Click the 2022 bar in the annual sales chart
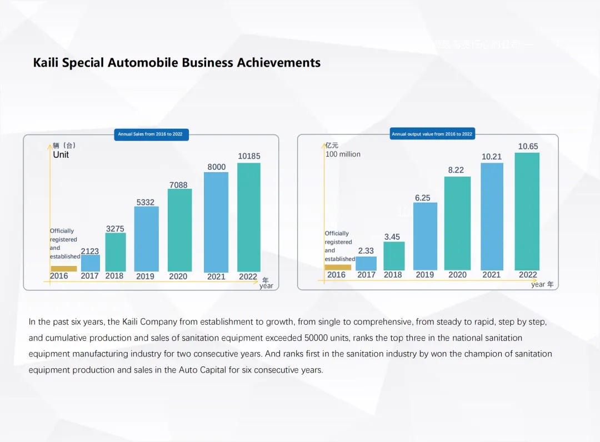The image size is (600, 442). (x=248, y=217)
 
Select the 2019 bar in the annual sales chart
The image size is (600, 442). (x=146, y=239)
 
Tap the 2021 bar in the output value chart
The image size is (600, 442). (x=492, y=217)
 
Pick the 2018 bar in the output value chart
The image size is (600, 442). (x=394, y=256)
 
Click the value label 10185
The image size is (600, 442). (x=249, y=157)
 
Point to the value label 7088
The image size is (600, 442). (x=178, y=185)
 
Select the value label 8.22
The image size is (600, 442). (x=456, y=170)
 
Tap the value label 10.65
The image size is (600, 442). (x=528, y=147)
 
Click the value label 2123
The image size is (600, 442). (x=90, y=251)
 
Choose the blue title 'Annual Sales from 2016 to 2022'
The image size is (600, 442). (x=151, y=134)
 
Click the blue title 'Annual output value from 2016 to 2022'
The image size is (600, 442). (x=432, y=134)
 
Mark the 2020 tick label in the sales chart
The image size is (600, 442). (x=178, y=277)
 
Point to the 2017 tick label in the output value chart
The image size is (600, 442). (x=366, y=275)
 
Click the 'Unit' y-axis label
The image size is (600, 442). (x=61, y=155)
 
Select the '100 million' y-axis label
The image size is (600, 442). (x=343, y=154)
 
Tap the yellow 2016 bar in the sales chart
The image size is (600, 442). (x=63, y=269)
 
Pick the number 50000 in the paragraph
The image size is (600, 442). (x=316, y=338)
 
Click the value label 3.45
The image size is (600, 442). (x=392, y=237)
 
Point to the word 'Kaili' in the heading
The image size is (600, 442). (x=46, y=62)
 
